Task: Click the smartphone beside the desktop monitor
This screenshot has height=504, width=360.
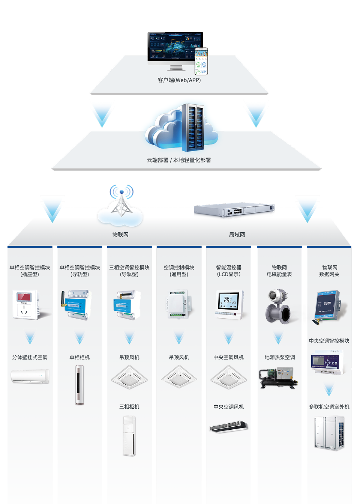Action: coord(201,61)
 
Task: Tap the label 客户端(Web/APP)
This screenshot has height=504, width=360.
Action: coord(179,80)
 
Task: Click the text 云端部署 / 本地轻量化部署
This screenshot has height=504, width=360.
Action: coord(179,160)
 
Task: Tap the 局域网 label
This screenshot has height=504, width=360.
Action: coord(237,235)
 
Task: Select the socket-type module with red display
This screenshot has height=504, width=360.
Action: coord(25,304)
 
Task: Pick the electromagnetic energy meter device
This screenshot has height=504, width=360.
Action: coord(278,306)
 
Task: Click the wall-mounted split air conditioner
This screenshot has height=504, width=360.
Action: coord(30,376)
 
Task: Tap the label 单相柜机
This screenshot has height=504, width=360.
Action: coord(79,357)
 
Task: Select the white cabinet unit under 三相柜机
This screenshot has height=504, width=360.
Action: coord(129,436)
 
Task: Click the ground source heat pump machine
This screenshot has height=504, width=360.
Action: coord(278,378)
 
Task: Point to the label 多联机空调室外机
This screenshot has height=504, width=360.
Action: coord(329,407)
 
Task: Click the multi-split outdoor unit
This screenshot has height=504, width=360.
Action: coord(329,433)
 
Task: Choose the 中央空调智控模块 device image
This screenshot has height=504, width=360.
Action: coord(327,363)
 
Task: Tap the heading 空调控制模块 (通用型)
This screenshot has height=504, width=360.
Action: coord(179,271)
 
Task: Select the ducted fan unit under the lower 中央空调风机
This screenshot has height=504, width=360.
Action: coord(228,427)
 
